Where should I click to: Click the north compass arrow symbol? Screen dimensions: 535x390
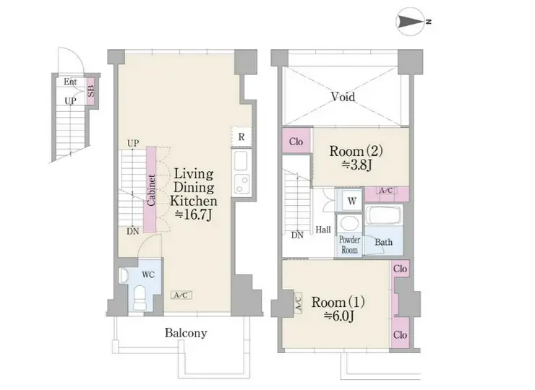(x=411, y=22)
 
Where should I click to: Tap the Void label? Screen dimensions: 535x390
(x=343, y=97)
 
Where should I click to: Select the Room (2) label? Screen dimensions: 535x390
(x=356, y=151)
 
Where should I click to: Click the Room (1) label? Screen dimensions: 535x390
(x=338, y=302)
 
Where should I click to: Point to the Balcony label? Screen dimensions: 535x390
(x=186, y=333)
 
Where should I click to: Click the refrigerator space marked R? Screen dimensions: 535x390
(x=241, y=136)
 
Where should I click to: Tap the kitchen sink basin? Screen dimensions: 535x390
(x=241, y=160)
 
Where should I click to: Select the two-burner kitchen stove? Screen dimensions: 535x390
(x=241, y=183)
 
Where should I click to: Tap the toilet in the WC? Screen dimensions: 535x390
(x=140, y=298)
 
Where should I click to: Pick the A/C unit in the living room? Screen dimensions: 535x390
(x=181, y=295)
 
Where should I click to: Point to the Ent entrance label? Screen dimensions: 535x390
(x=70, y=82)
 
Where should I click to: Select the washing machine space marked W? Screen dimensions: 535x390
(x=352, y=201)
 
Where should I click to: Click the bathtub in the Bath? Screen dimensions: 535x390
(x=384, y=215)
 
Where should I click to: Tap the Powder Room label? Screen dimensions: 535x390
(x=349, y=245)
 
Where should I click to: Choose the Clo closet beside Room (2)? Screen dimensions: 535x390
(x=296, y=141)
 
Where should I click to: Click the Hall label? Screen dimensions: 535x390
(x=323, y=230)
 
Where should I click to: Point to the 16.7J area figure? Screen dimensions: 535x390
(x=194, y=214)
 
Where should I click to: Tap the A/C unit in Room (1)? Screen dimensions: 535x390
(x=298, y=303)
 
